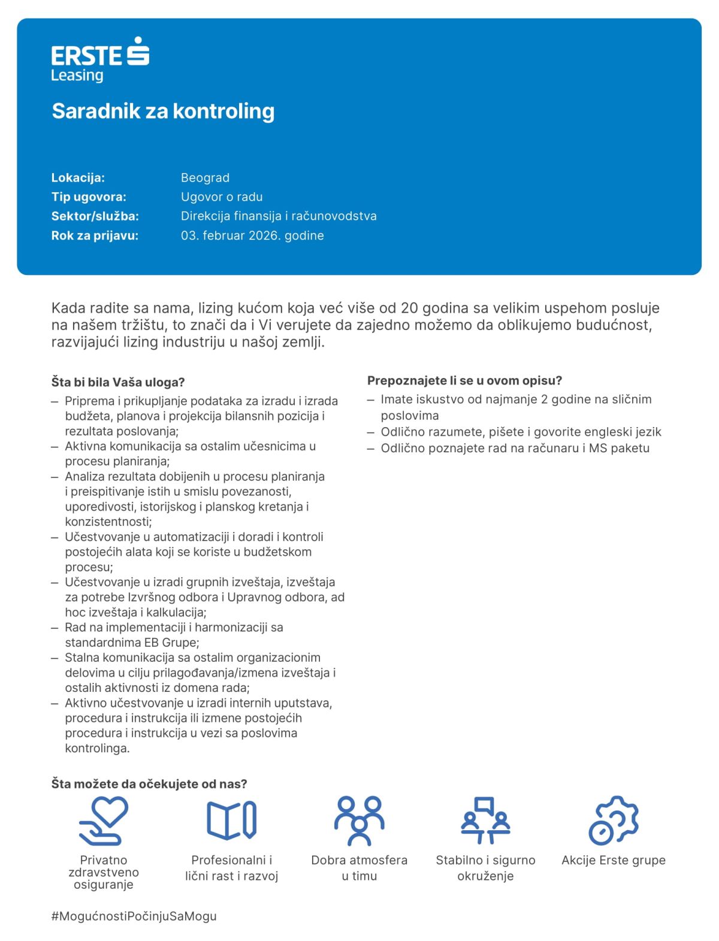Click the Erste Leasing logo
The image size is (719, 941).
[100, 60]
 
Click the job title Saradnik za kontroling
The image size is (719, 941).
[163, 111]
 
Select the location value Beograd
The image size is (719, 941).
[205, 178]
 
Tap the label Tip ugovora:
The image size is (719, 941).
[89, 197]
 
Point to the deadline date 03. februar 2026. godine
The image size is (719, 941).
[252, 235]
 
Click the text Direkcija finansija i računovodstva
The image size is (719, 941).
[279, 216]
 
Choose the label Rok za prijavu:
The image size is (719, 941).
[95, 235]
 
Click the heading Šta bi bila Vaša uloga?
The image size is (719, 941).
[118, 382]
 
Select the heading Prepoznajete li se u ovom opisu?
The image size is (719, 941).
[464, 380]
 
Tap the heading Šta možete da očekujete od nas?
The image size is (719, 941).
[149, 784]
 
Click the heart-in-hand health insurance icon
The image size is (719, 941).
[104, 821]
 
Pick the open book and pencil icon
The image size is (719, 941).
[231, 821]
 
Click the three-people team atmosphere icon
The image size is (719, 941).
[359, 821]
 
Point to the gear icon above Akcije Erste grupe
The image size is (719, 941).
[613, 821]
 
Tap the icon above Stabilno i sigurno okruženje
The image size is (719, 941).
[485, 821]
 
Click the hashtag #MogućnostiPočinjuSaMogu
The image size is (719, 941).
[134, 916]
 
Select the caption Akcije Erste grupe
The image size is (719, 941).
[614, 860]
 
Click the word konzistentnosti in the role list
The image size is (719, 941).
[108, 522]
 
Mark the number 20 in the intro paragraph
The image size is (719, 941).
[410, 308]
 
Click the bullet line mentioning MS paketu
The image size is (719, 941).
[515, 448]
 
